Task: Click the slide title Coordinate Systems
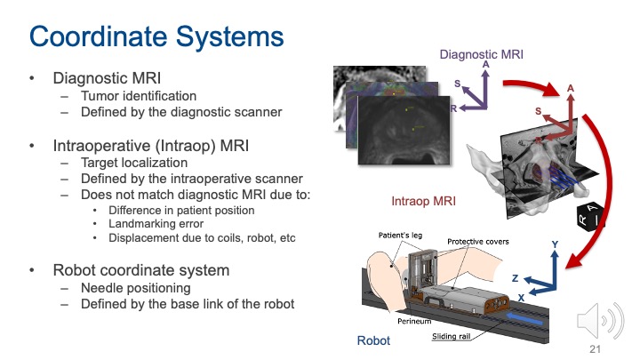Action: (157, 37)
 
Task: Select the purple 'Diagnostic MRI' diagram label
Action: (482, 54)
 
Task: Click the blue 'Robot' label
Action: (372, 340)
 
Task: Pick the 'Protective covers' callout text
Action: (477, 242)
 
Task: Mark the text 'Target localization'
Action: (132, 164)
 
